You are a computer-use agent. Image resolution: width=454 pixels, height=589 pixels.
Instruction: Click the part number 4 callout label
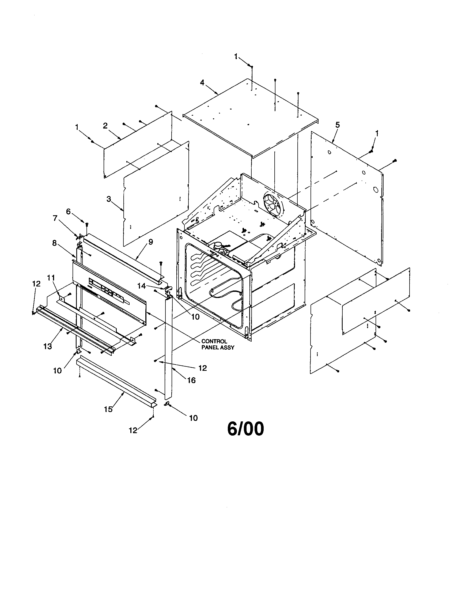pyautogui.click(x=202, y=82)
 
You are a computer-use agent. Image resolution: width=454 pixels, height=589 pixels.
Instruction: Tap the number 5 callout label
pyautogui.click(x=338, y=125)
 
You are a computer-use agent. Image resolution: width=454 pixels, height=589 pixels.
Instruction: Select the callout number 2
pyautogui.click(x=105, y=125)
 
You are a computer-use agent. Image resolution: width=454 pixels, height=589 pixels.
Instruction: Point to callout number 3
pyautogui.click(x=109, y=199)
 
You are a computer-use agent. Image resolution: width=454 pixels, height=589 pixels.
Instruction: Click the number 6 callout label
pyautogui.click(x=69, y=212)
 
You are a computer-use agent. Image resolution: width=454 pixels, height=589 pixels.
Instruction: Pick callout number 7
pyautogui.click(x=55, y=218)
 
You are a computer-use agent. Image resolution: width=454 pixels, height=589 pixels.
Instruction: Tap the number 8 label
pyautogui.click(x=54, y=243)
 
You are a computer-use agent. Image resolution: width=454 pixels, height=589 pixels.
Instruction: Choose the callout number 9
pyautogui.click(x=150, y=242)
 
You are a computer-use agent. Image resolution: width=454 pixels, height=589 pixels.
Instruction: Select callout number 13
pyautogui.click(x=48, y=346)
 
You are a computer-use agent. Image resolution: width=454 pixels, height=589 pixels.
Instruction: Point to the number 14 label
pyautogui.click(x=141, y=286)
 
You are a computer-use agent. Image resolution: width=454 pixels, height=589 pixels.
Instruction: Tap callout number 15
pyautogui.click(x=108, y=409)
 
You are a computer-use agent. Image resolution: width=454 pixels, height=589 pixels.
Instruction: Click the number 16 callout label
pyautogui.click(x=191, y=380)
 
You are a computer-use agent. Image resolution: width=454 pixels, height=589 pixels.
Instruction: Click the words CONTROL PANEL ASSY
pyautogui.click(x=218, y=344)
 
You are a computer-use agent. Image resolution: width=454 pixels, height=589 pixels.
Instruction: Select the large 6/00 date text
pyautogui.click(x=245, y=429)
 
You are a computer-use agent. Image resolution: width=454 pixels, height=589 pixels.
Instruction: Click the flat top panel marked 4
pyautogui.click(x=251, y=116)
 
